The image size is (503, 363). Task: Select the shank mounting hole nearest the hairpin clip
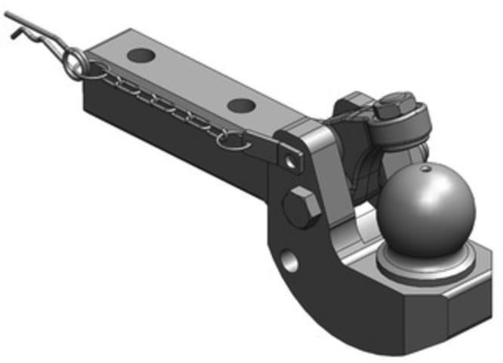tap(140, 55)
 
